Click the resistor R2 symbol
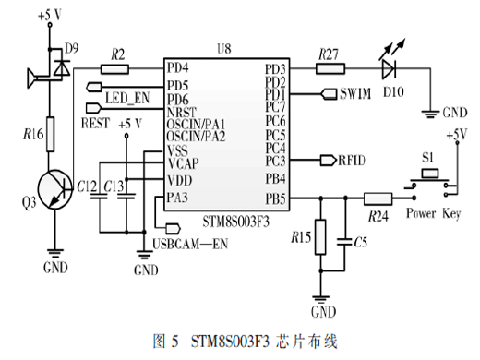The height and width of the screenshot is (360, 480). (x=114, y=69)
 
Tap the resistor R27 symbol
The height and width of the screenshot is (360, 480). (x=330, y=68)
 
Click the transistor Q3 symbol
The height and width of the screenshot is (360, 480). (x=55, y=189)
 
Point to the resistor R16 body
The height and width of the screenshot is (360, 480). (x=50, y=134)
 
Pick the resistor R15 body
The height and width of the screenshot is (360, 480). (x=320, y=237)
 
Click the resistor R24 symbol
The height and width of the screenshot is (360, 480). (x=378, y=198)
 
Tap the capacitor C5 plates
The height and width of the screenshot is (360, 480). (x=344, y=242)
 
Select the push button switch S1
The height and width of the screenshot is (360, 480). (x=430, y=183)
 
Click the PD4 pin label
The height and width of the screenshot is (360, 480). (x=177, y=67)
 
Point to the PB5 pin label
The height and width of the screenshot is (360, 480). (x=275, y=199)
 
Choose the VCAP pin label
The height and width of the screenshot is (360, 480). (x=183, y=163)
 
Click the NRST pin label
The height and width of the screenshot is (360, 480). (x=182, y=112)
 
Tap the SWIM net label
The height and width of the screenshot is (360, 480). (x=355, y=94)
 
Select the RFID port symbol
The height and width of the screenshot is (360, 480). (x=329, y=161)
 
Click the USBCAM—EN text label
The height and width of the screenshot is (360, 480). (x=190, y=244)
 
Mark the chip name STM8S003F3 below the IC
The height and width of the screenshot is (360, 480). (x=235, y=222)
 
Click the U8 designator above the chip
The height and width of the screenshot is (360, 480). (x=224, y=49)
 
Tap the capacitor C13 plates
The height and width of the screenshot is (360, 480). (x=126, y=196)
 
